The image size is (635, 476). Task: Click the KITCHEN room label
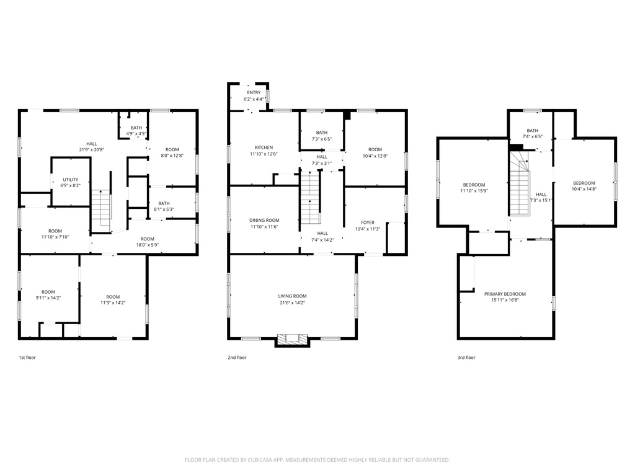point(264,148)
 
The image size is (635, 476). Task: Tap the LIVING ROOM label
point(293,296)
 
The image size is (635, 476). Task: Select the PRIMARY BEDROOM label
point(505,294)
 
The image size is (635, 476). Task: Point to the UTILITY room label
point(71,180)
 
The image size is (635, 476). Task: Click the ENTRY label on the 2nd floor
point(254,93)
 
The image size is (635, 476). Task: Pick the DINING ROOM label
point(264,221)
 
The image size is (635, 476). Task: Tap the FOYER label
point(368,223)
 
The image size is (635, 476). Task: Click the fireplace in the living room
point(293,339)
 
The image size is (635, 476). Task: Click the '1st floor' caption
point(27,358)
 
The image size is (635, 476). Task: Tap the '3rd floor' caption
point(466,358)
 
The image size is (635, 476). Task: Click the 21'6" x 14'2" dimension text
point(293,302)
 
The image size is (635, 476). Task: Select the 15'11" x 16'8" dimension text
point(505,301)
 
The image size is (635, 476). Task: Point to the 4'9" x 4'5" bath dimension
point(136,134)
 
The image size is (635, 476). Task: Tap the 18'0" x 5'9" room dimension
point(148,245)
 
